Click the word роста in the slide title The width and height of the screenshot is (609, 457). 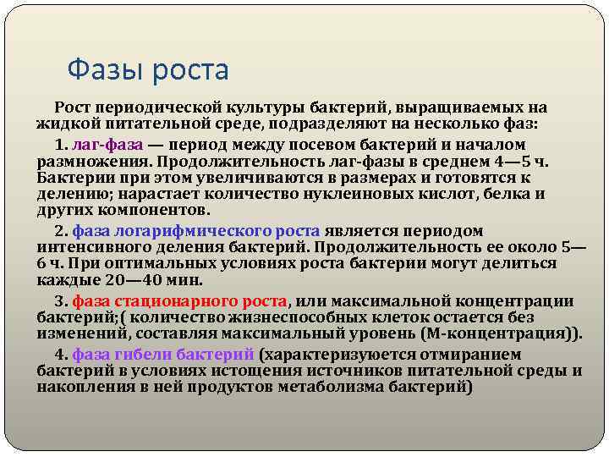click(191, 69)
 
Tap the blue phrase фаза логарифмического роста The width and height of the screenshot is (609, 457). click(196, 230)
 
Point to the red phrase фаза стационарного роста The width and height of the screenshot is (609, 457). click(180, 300)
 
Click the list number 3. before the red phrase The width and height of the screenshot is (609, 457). click(61, 300)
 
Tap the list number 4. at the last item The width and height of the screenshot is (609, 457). click(61, 354)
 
